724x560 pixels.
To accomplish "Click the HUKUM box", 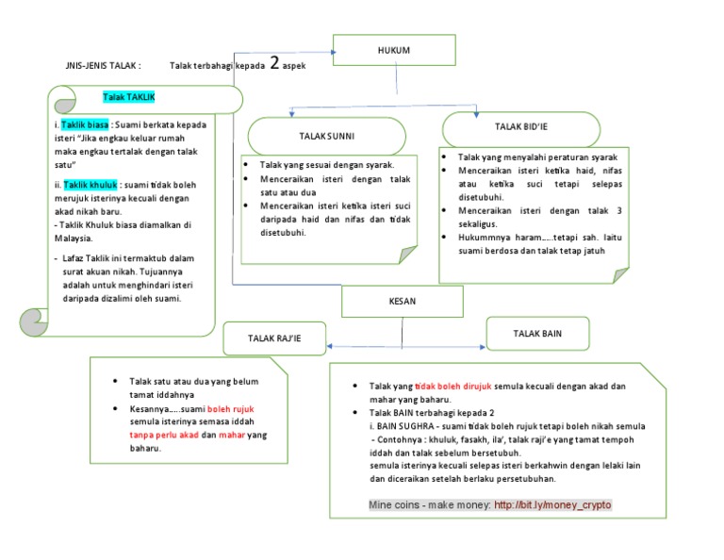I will click(x=393, y=49).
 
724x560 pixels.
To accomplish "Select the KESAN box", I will click(x=402, y=302).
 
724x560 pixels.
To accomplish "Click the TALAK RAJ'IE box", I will click(x=274, y=338).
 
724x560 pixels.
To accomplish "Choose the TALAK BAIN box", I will click(x=538, y=334).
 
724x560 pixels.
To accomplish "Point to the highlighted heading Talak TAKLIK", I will click(x=129, y=97).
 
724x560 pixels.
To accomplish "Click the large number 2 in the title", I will click(x=274, y=63).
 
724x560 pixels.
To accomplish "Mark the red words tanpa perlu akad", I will click(x=164, y=436).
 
